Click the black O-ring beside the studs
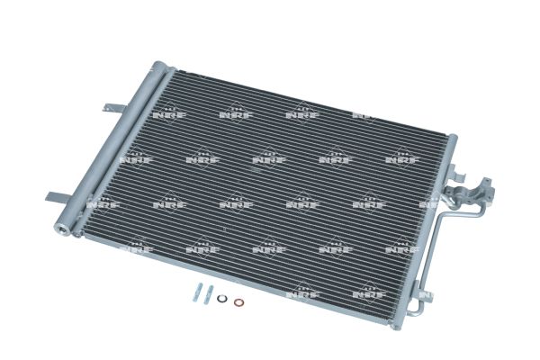pos(221,299)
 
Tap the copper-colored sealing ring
pos(238,302)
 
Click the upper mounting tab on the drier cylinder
pos(113,107)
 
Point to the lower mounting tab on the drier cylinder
pos(58,197)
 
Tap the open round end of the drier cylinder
pos(62,229)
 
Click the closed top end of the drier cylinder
pos(159,66)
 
